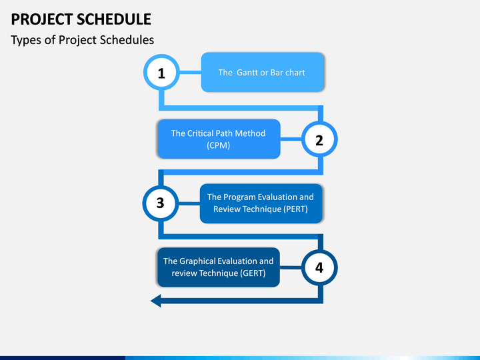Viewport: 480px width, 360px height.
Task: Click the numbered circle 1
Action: pyautogui.click(x=161, y=73)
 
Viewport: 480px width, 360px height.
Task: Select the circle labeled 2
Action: pyautogui.click(x=319, y=139)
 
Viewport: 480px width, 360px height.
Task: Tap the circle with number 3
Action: pyautogui.click(x=161, y=203)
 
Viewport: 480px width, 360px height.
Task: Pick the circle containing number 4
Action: pyautogui.click(x=319, y=267)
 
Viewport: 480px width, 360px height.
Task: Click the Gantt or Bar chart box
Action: pyautogui.click(x=263, y=72)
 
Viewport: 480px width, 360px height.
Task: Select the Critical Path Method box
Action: pyautogui.click(x=219, y=139)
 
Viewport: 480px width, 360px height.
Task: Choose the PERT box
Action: pyautogui.click(x=261, y=203)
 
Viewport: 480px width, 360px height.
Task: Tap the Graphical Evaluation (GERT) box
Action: pyautogui.click(x=219, y=267)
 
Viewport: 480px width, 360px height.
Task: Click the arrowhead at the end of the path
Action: pyautogui.click(x=156, y=301)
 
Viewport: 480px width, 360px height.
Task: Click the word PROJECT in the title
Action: pyautogui.click(x=42, y=19)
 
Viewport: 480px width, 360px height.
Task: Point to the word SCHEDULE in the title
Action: pyautogui.click(x=114, y=19)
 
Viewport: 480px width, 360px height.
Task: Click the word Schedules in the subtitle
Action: pyautogui.click(x=127, y=40)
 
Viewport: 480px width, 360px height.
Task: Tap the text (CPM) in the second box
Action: pyautogui.click(x=218, y=145)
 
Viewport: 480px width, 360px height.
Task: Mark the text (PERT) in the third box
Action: pyautogui.click(x=295, y=209)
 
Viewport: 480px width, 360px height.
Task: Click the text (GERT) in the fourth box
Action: pyautogui.click(x=253, y=273)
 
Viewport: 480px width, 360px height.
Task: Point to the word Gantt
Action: pyautogui.click(x=247, y=73)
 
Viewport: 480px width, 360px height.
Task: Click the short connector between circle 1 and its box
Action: pyautogui.click(x=190, y=73)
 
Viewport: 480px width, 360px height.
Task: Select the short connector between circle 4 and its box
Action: pyautogui.click(x=291, y=267)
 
